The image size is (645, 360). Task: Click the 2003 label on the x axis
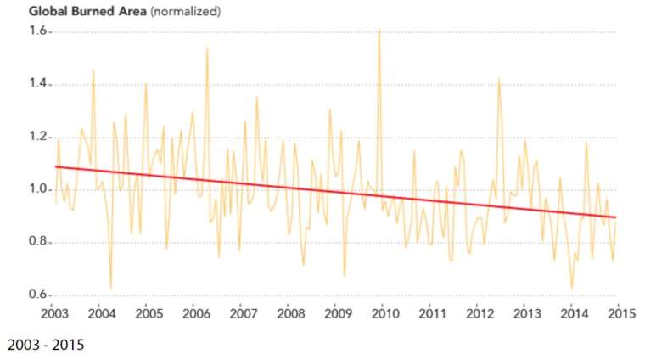pos(53,312)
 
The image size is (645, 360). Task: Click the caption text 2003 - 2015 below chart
pos(46,346)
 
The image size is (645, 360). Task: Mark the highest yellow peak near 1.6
pos(379,30)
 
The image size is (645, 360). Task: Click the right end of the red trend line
pos(615,217)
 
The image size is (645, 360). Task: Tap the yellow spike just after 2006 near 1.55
pos(207,48)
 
